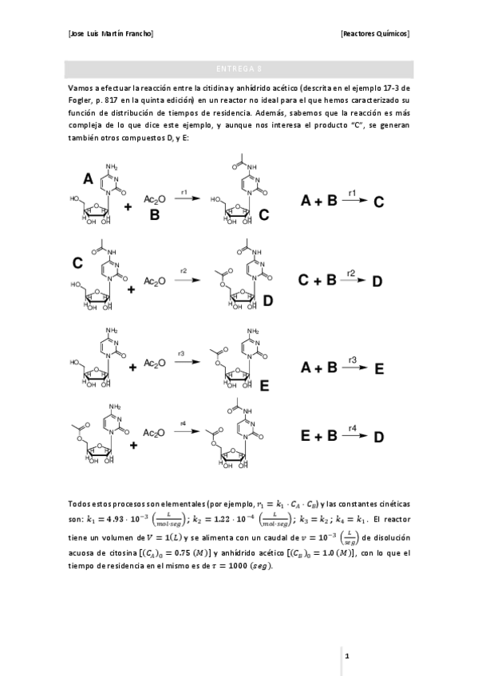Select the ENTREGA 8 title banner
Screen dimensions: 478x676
tap(239, 69)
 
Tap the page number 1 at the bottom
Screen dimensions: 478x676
tap(347, 655)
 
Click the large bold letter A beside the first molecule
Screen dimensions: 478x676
tap(87, 179)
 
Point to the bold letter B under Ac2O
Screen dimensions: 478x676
tap(155, 214)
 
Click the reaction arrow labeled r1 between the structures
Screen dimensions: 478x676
tap(185, 202)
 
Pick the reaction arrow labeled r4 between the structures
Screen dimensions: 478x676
tap(185, 431)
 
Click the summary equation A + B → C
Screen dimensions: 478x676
tap(343, 202)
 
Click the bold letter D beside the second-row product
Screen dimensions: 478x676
tap(268, 301)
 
